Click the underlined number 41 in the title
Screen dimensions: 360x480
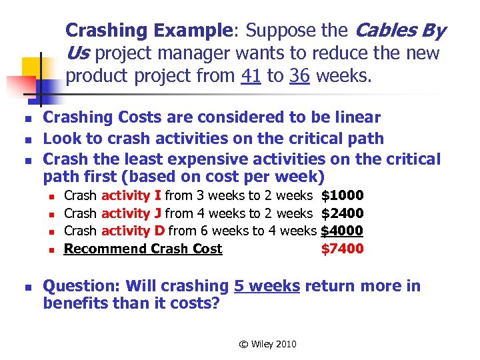click(x=251, y=75)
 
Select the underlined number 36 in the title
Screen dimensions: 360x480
click(x=299, y=75)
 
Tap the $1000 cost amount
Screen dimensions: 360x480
click(x=342, y=195)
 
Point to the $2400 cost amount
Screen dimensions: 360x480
click(x=342, y=213)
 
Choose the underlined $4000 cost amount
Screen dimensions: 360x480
click(x=342, y=231)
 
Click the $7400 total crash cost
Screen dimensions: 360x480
click(x=342, y=249)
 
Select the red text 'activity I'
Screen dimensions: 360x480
click(x=130, y=195)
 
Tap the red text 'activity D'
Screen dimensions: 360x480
click(x=132, y=231)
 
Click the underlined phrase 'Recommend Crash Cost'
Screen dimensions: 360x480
click(x=143, y=249)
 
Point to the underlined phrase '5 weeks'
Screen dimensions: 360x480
click(x=267, y=286)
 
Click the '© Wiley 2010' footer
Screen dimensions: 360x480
click(x=268, y=344)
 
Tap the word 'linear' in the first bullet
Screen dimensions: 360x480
click(x=357, y=117)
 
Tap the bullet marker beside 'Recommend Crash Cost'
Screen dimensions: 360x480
click(x=50, y=250)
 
